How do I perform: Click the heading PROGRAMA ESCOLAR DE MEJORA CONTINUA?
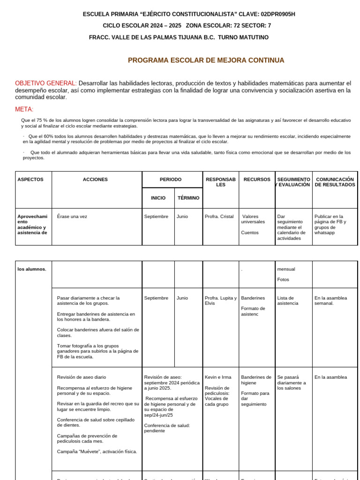206,60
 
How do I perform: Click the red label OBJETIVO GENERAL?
45,83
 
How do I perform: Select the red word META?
24,109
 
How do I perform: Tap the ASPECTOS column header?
30,180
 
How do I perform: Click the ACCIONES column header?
95,180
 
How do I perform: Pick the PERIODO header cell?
171,180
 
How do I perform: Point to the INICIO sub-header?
158,198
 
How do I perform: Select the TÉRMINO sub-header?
188,198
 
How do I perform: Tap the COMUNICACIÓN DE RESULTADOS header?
335,182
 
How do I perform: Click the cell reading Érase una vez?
72,217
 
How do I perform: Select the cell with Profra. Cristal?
219,217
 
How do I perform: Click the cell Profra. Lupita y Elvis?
220,300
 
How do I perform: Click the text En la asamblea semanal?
330,300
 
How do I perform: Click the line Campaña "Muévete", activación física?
97,451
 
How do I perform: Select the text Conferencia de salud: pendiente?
166,428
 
